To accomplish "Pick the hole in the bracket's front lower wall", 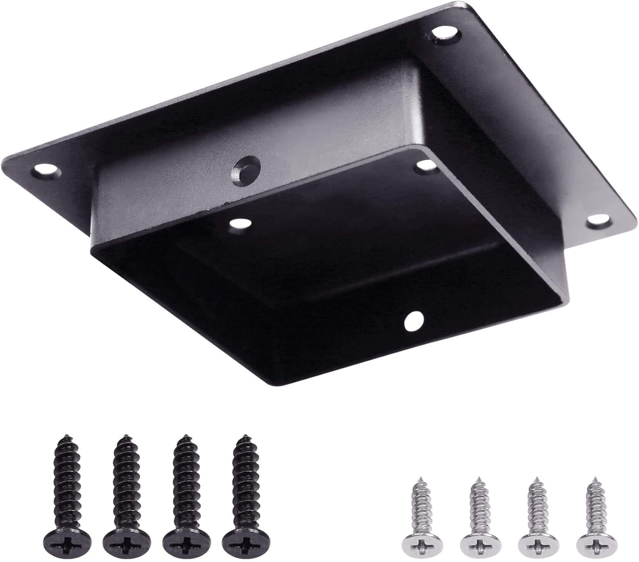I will pyautogui.click(x=413, y=320).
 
